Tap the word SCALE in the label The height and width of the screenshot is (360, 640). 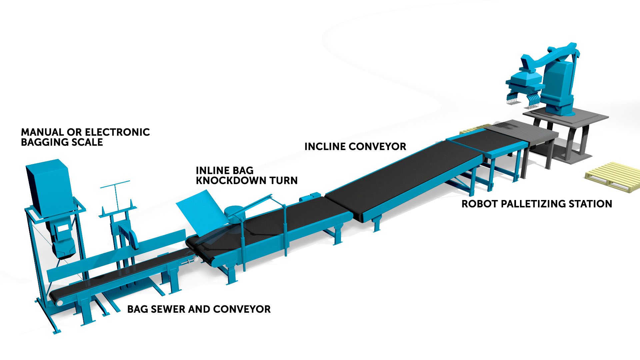click(88, 142)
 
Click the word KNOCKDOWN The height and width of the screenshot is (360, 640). click(231, 181)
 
